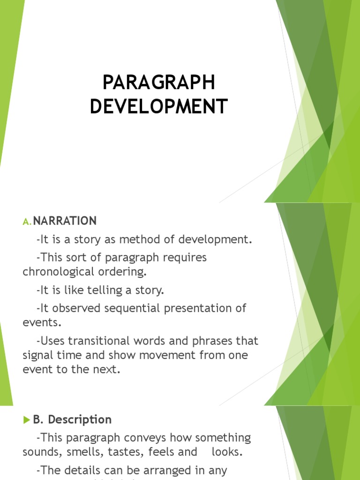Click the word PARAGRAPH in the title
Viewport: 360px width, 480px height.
pyautogui.click(x=159, y=83)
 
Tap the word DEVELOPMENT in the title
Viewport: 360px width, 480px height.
pyautogui.click(x=159, y=106)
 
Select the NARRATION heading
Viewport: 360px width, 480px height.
pyautogui.click(x=65, y=221)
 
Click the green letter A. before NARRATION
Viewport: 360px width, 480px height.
pyautogui.click(x=27, y=221)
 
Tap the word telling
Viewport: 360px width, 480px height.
pyautogui.click(x=105, y=291)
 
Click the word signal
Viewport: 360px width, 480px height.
pyautogui.click(x=39, y=355)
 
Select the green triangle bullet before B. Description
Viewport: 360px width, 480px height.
pyautogui.click(x=26, y=420)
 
